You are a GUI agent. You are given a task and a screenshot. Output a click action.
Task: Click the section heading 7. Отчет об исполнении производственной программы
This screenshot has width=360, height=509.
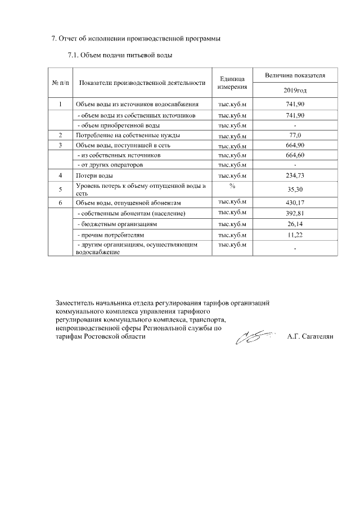132,39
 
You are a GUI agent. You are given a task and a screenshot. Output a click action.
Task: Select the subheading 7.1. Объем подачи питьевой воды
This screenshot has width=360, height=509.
119,55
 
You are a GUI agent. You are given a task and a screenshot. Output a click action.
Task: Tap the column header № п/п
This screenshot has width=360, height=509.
60,83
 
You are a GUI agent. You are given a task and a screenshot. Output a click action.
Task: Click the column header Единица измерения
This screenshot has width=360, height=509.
232,83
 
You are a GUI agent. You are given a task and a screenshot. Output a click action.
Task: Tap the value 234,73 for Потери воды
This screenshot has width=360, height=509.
295,176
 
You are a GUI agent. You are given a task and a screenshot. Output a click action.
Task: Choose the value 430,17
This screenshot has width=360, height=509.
295,202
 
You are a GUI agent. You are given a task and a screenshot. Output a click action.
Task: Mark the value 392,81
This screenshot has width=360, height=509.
295,213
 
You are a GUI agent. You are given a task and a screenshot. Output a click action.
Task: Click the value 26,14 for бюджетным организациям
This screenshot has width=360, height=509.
295,224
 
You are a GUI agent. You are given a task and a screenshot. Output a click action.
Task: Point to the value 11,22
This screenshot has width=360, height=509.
295,234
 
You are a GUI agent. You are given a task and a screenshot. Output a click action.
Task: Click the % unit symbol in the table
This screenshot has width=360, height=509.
232,186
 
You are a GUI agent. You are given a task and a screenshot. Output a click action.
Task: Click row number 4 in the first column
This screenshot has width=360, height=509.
60,176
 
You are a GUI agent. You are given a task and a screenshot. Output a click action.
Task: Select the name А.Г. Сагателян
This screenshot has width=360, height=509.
310,337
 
